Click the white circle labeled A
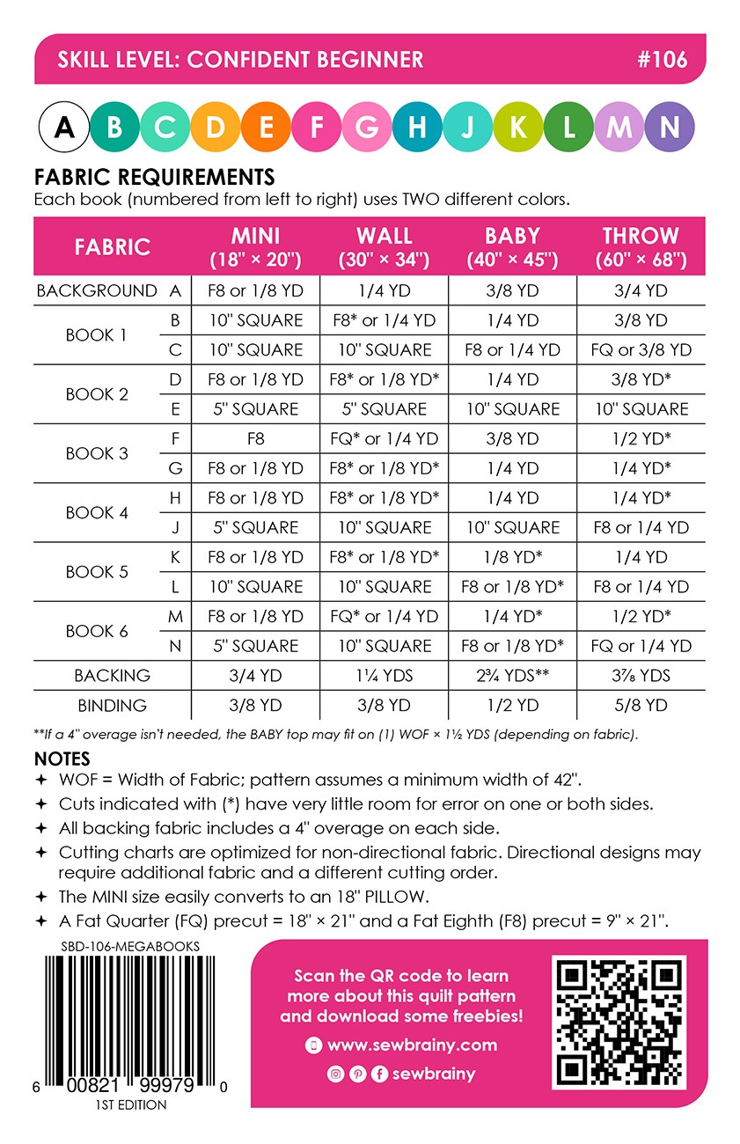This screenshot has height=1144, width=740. point(64,128)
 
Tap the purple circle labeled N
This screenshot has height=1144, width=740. point(669,128)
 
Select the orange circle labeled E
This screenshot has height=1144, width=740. point(266,128)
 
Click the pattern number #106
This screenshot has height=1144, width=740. point(661,60)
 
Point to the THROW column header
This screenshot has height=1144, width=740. point(641,246)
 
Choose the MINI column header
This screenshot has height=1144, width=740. point(255,246)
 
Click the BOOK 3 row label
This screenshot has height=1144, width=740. point(97,453)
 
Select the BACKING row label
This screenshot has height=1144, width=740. point(112,676)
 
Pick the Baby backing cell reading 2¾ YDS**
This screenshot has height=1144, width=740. point(512,676)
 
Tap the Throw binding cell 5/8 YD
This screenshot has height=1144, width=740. point(641,705)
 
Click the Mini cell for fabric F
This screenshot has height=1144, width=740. point(255,438)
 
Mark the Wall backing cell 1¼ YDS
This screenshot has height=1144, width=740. point(385,676)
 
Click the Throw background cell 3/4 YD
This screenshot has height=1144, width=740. point(641,290)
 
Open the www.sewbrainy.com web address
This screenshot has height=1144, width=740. point(412,1045)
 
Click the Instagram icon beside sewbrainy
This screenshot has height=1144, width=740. point(335,1074)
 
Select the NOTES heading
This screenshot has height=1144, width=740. point(62,759)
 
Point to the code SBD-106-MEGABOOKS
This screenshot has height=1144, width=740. point(118,946)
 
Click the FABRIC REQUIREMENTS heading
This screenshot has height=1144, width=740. point(154,177)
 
